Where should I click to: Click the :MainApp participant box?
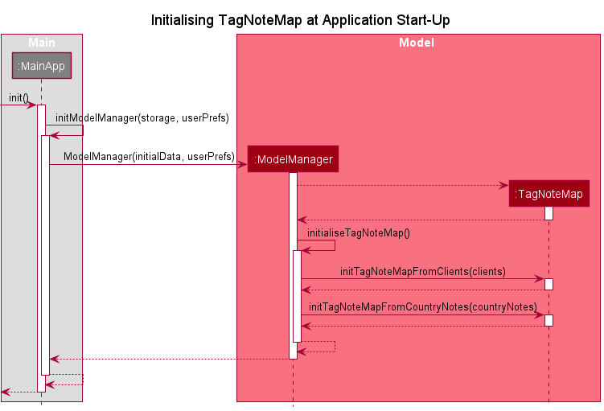(41, 66)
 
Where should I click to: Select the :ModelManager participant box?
(293, 159)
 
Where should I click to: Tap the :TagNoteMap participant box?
(549, 194)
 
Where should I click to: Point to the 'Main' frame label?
(41, 42)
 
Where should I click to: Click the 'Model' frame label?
(417, 42)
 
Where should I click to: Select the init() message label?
(18, 97)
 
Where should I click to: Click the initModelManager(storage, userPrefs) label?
(142, 117)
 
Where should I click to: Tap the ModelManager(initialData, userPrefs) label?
(149, 156)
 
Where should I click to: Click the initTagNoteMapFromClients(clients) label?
(423, 272)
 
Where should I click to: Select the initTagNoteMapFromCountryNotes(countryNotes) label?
(423, 306)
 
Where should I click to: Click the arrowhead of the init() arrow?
(33, 105)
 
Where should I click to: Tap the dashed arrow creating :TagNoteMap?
(402, 185)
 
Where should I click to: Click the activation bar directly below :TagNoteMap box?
(549, 213)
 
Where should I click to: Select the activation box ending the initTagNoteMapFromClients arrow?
(549, 284)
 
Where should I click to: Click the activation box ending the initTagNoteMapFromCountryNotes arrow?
(549, 320)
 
